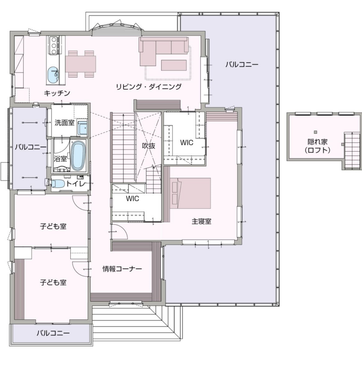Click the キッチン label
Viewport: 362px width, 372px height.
tap(57, 93)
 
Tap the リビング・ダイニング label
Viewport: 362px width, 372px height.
tap(149, 87)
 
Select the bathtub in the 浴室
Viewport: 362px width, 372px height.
tap(78, 156)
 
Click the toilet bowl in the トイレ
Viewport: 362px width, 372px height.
tap(57, 184)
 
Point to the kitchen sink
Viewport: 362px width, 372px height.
tap(53, 74)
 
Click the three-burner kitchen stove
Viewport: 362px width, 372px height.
tap(54, 45)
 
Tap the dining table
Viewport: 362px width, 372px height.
tap(81, 64)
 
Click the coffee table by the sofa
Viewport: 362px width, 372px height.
tap(174, 65)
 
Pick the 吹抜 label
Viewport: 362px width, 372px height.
tap(149, 145)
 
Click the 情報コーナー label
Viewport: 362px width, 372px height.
tap(122, 269)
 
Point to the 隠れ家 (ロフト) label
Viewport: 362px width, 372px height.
tap(318, 146)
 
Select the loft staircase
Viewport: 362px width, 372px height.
tap(352, 151)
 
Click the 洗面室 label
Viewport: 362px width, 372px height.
tap(65, 123)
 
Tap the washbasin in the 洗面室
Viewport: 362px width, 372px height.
tap(82, 129)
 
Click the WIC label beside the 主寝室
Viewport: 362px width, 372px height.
tap(187, 143)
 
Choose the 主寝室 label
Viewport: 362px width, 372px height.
tap(201, 222)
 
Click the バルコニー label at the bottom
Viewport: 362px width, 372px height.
tap(53, 333)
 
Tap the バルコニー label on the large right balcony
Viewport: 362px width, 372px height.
tap(242, 64)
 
